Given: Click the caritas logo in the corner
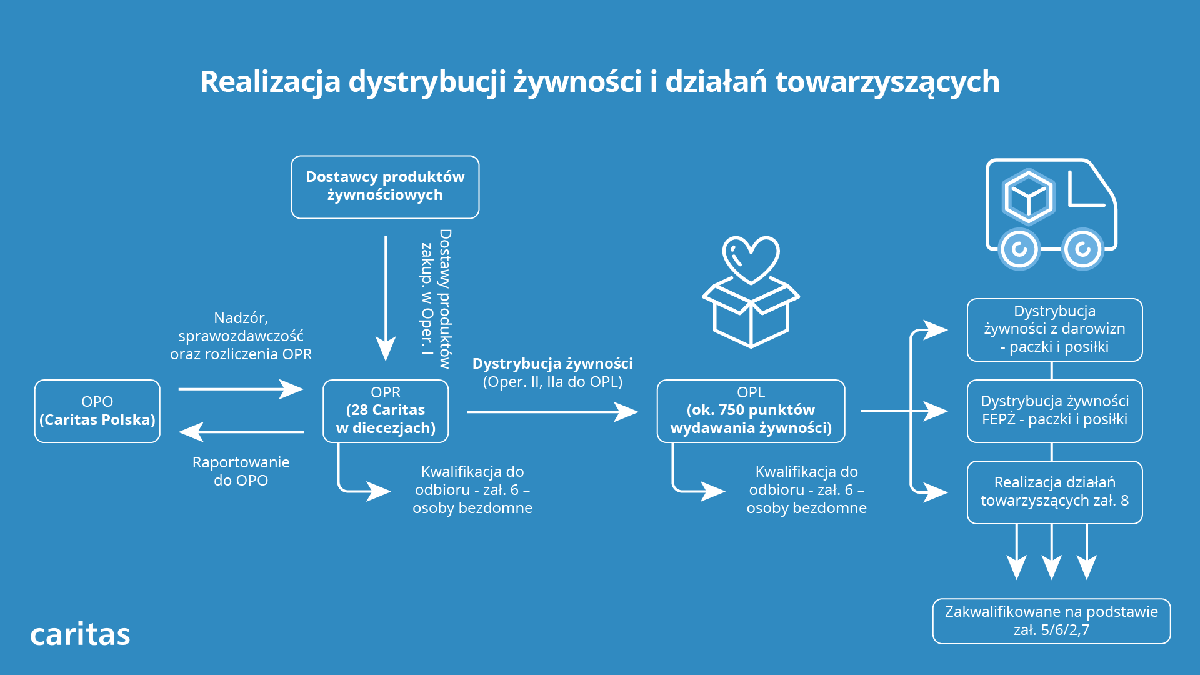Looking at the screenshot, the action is [x=80, y=634].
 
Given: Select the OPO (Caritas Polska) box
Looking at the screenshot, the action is [x=97, y=411].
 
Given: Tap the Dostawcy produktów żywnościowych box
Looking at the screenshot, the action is [x=385, y=187].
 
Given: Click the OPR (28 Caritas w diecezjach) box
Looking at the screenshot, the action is [x=386, y=411].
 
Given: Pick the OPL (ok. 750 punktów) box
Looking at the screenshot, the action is [x=751, y=411].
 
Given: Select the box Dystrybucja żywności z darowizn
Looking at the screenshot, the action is [x=1054, y=330].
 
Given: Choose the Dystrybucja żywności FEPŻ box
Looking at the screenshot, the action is [x=1054, y=411].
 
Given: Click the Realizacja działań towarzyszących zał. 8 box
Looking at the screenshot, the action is [x=1054, y=492].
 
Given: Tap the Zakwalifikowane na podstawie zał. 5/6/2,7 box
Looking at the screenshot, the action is [x=1051, y=621].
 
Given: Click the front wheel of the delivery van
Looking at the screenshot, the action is [x=1083, y=249].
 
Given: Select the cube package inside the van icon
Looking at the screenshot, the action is [x=1028, y=197].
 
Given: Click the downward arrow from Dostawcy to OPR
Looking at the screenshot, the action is [x=386, y=299].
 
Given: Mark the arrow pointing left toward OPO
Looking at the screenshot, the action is [x=241, y=431].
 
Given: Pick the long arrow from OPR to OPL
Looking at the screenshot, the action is [x=552, y=412].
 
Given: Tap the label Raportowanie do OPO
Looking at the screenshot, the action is [x=241, y=471].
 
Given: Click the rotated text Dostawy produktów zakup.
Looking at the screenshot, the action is [x=436, y=299].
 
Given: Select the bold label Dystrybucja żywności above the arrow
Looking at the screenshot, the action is [x=552, y=363].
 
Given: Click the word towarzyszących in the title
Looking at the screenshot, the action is [x=887, y=82].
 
